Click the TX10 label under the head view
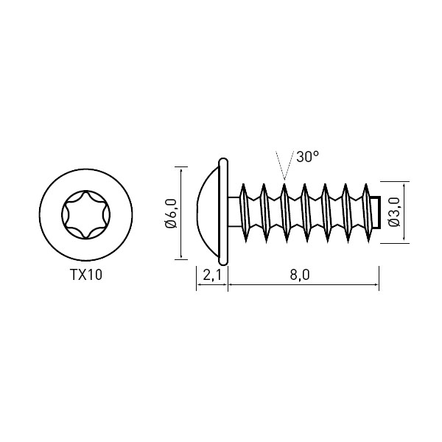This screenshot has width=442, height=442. coord(86,275)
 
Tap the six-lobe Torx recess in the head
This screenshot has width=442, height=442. coord(86,215)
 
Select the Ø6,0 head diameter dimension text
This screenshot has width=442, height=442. coord(171,213)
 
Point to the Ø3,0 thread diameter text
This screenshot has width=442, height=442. coord(394,212)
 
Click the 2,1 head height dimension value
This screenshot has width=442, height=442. coord(212,275)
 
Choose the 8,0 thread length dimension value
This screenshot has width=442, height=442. coord(300,275)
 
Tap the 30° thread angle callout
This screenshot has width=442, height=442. coord(307,156)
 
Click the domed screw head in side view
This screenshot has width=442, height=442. coord(207,212)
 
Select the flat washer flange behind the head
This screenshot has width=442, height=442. coord(223,211)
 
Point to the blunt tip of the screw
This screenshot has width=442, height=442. coord(376,212)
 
